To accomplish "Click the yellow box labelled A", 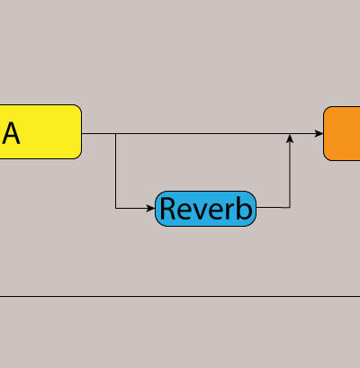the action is pos(40,131).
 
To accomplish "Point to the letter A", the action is pos(11,133).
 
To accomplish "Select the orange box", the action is pos(342,133).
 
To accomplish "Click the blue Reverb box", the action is pos(205,209).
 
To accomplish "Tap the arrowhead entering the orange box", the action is pos(319,133).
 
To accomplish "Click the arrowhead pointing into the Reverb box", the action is pos(150,208).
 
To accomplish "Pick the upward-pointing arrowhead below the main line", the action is pos(290,139).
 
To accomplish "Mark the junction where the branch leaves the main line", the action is pos(116,133).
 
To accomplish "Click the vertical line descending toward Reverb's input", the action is pos(116,171).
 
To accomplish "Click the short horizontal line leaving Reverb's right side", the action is pos(273,207).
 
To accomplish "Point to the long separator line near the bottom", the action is pos(180,296).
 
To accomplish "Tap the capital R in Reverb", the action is pos(167,209).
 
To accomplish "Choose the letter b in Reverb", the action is pos(244,208).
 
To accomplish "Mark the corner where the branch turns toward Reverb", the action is pos(116,208).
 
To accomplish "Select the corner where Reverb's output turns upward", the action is pos(290,207).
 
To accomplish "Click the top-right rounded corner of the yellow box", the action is pos(78,108).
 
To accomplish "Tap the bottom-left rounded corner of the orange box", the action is pos(327,157).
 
